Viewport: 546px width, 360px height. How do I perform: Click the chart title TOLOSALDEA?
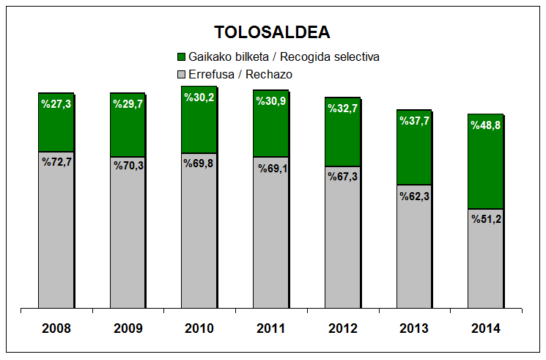pyautogui.click(x=272, y=32)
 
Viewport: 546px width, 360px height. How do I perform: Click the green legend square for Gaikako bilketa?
pyautogui.click(x=182, y=56)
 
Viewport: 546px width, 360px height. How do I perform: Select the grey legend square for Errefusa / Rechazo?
pyautogui.click(x=182, y=74)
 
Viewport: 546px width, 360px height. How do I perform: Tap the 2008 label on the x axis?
pyautogui.click(x=56, y=328)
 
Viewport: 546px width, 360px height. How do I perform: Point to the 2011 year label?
pyautogui.click(x=271, y=328)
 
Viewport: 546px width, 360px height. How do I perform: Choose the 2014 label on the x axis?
pyautogui.click(x=486, y=328)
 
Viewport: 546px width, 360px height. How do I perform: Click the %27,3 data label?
pyautogui.click(x=56, y=103)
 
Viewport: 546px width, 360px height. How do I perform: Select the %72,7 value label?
pyautogui.click(x=56, y=161)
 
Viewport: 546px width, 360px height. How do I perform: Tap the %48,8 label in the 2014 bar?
pyautogui.click(x=486, y=125)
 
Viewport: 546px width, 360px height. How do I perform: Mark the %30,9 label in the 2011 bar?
pyautogui.click(x=271, y=100)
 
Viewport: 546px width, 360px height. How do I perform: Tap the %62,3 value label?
pyautogui.click(x=414, y=195)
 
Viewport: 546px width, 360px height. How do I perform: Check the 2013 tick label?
pyautogui.click(x=414, y=328)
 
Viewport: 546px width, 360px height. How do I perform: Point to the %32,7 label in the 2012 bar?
pyautogui.click(x=342, y=108)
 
